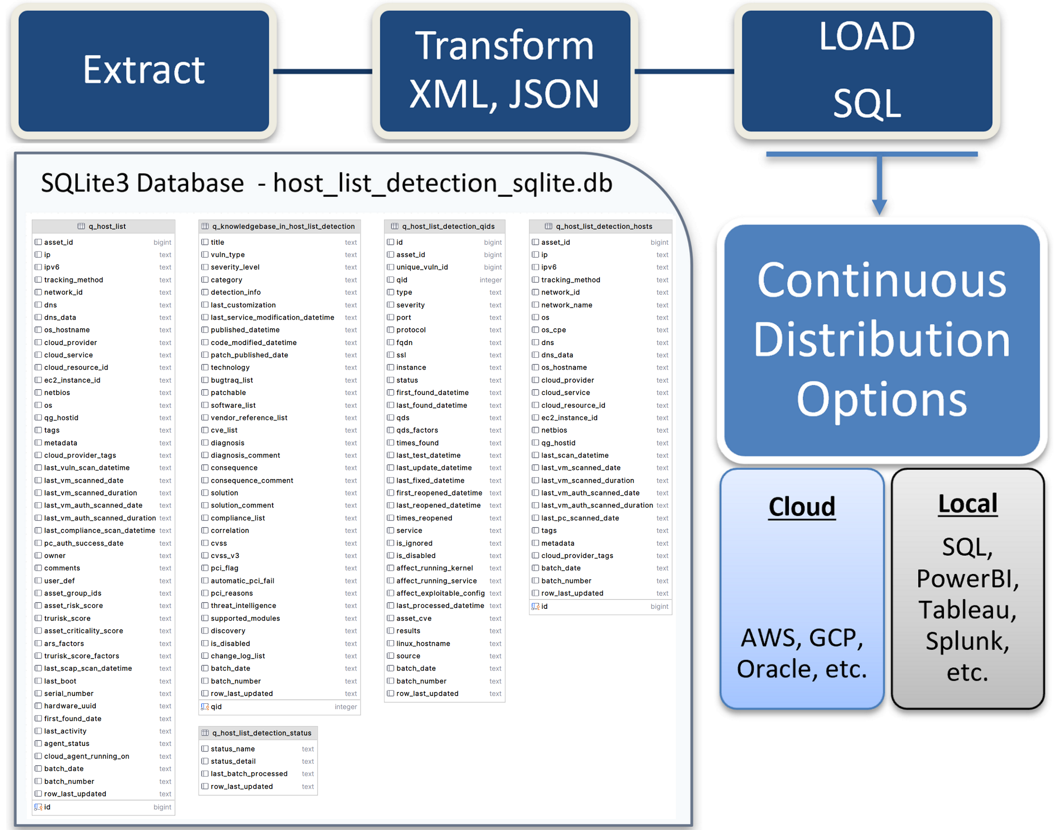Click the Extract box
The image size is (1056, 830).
[x=144, y=71]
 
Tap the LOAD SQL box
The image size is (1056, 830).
[x=867, y=71]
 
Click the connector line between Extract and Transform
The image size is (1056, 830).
[x=322, y=71]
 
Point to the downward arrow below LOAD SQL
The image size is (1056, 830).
[x=879, y=185]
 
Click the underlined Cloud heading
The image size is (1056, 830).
[x=801, y=506]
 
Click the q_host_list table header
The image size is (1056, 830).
[x=104, y=227]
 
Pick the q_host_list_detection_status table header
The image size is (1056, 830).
[x=258, y=733]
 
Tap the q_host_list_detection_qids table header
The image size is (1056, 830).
[x=445, y=227]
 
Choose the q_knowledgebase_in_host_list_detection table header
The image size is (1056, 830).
[x=279, y=227]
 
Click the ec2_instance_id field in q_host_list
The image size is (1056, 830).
[x=72, y=380]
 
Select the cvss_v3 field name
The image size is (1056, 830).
[x=225, y=555]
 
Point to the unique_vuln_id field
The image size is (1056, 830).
[x=422, y=267]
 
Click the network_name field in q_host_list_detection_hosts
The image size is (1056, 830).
[x=567, y=305]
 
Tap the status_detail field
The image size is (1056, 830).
[x=233, y=761]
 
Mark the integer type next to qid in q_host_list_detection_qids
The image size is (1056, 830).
[x=491, y=280]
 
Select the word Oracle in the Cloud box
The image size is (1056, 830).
[x=777, y=669]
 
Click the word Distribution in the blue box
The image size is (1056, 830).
[x=882, y=340]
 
